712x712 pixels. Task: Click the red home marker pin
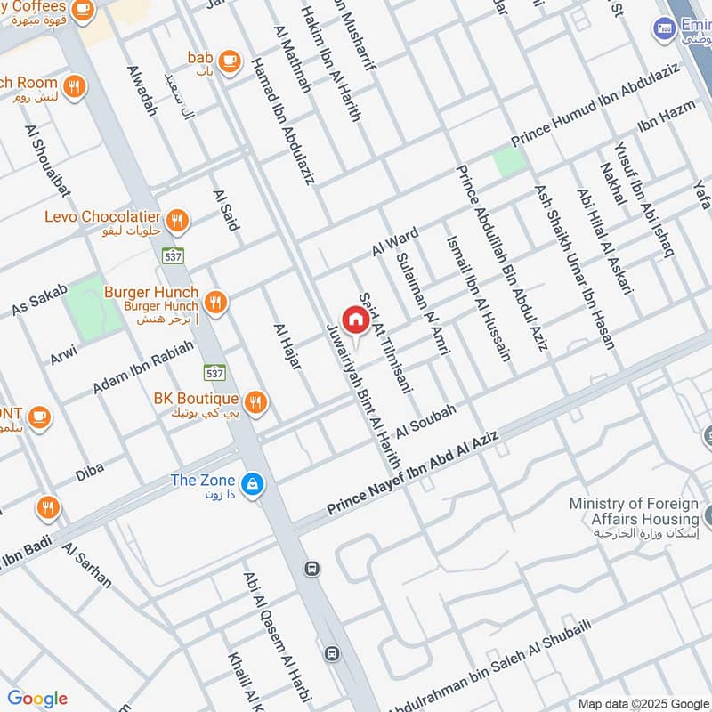tap(354, 319)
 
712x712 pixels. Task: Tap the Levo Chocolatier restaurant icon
tap(179, 219)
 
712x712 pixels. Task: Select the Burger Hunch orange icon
tap(215, 303)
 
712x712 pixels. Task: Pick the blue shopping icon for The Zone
tap(254, 483)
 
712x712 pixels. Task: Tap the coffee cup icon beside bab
tap(230, 60)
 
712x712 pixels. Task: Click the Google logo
tap(36, 699)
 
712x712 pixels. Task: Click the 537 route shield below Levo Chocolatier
tap(173, 255)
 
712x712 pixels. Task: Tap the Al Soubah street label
tap(426, 419)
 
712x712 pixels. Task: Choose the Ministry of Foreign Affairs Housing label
tap(634, 512)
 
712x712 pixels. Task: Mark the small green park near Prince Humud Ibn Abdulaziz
tap(509, 161)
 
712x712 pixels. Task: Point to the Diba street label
tap(89, 472)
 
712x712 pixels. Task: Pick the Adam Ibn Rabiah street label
tap(143, 368)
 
